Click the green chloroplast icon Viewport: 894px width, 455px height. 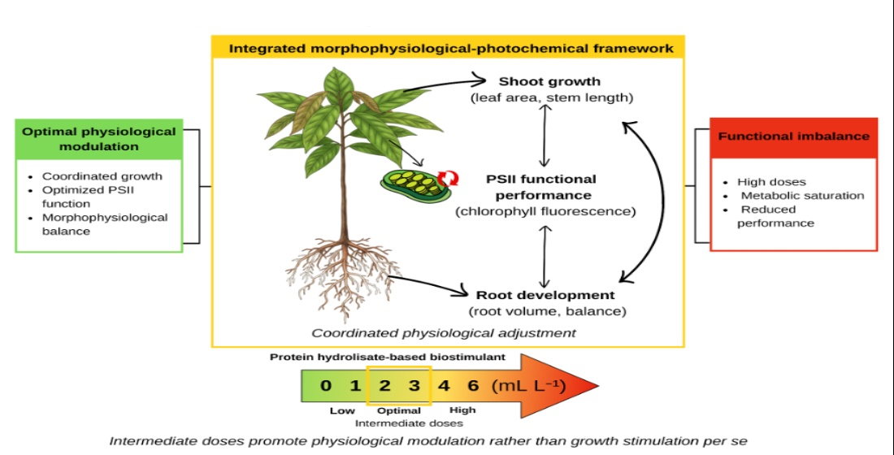(415, 184)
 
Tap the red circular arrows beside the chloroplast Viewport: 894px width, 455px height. (448, 178)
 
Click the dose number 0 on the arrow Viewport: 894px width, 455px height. (326, 385)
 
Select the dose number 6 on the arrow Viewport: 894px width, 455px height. (473, 385)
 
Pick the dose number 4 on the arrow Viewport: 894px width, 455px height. (443, 385)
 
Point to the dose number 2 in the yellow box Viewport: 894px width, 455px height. (385, 385)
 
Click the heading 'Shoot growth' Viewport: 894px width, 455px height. (549, 81)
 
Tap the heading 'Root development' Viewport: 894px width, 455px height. (545, 296)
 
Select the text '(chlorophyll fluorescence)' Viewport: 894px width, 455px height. (545, 212)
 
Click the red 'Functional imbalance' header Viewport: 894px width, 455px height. (793, 137)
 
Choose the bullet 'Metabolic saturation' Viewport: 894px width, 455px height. (802, 196)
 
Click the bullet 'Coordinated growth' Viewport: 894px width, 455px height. (102, 176)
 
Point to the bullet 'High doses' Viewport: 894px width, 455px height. (771, 182)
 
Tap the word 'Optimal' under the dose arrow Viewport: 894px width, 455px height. (399, 410)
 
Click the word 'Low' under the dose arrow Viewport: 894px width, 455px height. (342, 410)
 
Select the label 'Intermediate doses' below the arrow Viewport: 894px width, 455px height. (409, 423)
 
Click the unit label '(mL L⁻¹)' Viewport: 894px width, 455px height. (528, 385)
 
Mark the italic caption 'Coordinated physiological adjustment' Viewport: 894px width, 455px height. (444, 333)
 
